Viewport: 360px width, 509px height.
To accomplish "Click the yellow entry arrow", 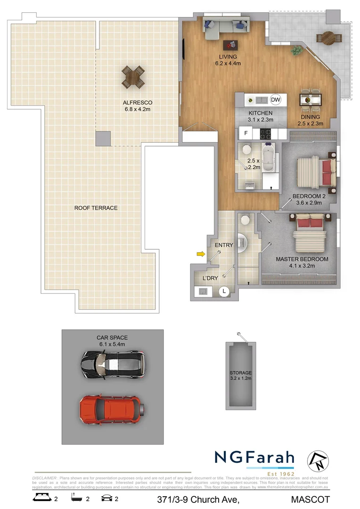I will click(x=201, y=254).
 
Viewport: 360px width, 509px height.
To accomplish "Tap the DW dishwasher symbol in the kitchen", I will click(x=276, y=99).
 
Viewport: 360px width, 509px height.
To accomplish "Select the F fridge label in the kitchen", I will click(x=245, y=133).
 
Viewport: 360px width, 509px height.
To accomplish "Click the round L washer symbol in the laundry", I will click(x=224, y=292).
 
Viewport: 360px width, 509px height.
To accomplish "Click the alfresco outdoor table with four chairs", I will click(x=133, y=76).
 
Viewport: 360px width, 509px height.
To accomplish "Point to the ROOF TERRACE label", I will click(x=96, y=208).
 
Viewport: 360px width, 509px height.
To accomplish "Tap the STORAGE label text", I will click(x=241, y=373).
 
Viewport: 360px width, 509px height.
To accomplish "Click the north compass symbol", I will click(x=317, y=461).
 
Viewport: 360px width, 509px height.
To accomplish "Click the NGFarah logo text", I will click(x=254, y=458).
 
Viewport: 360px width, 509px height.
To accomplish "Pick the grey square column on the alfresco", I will click(x=103, y=139).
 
